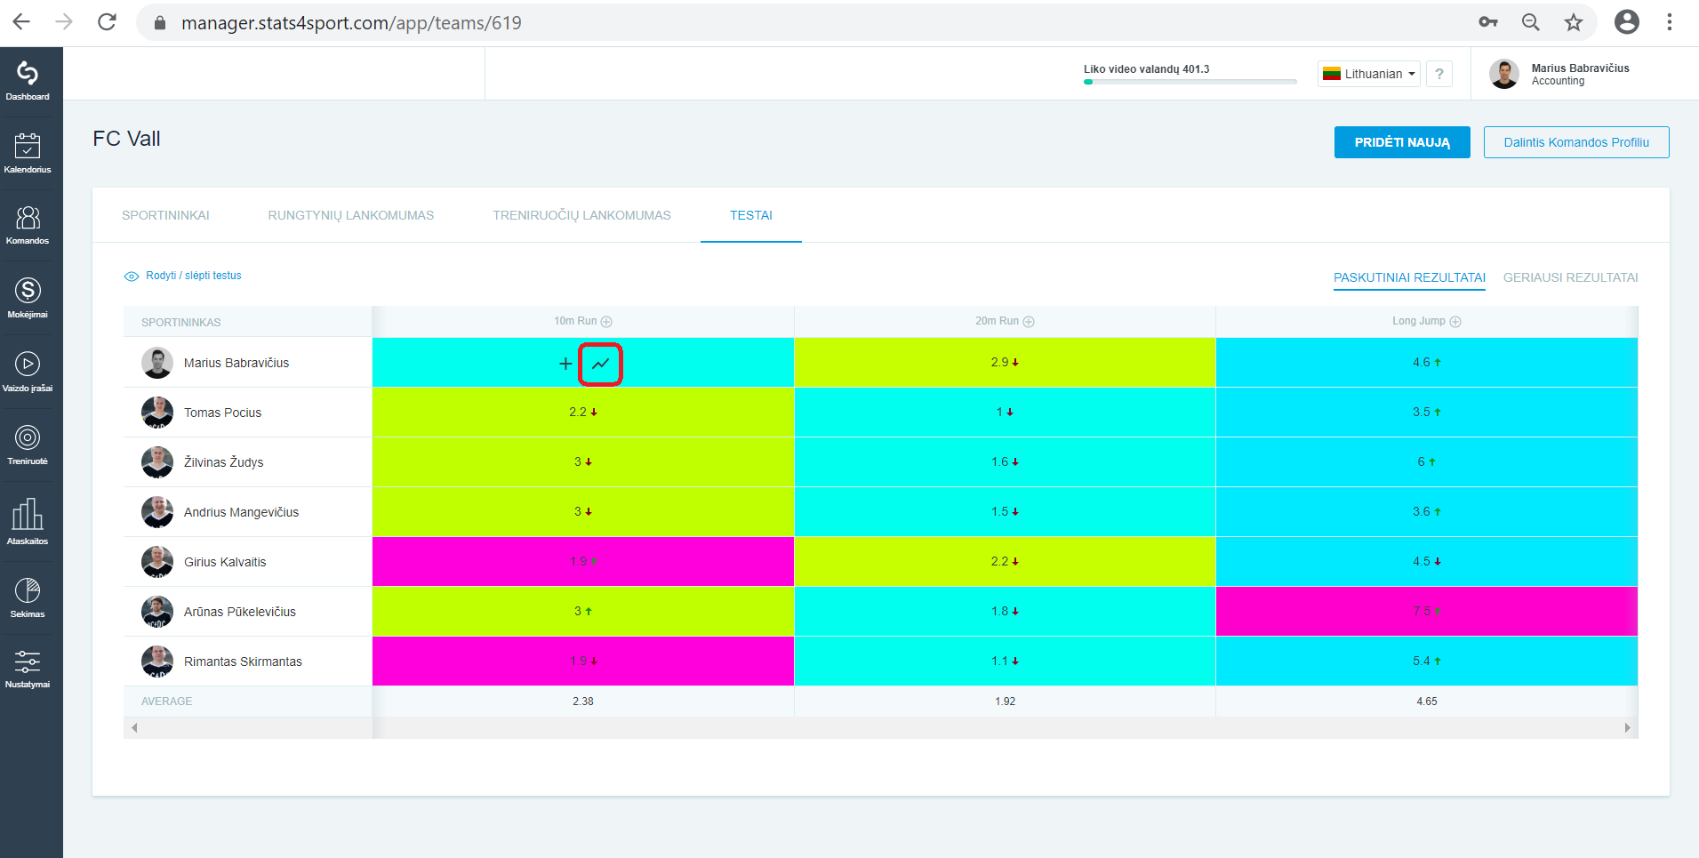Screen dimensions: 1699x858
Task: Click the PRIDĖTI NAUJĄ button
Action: [1402, 142]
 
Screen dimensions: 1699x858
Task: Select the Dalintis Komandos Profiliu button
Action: [1576, 142]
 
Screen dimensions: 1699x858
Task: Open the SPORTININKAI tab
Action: [165, 215]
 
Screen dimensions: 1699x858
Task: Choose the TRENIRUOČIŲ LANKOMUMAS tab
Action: [581, 215]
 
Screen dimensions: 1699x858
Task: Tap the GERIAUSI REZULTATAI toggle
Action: [1570, 277]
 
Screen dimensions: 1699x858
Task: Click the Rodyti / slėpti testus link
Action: [194, 276]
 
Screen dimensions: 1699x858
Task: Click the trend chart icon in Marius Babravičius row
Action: [601, 364]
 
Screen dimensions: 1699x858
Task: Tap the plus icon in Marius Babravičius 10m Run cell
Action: [565, 364]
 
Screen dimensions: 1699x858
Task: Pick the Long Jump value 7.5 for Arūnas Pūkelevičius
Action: [1422, 612]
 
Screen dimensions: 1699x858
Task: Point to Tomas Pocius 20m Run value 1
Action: [999, 413]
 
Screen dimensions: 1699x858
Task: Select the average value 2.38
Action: [583, 702]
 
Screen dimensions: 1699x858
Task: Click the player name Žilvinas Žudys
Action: [223, 462]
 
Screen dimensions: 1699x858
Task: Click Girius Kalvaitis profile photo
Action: [157, 562]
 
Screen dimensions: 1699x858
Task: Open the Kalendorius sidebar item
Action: [28, 152]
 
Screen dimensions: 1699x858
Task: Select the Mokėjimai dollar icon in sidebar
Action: [28, 291]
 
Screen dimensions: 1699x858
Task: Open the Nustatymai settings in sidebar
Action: [28, 669]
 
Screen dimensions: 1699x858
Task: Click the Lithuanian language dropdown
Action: [1369, 74]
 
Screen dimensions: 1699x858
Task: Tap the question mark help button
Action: [1439, 74]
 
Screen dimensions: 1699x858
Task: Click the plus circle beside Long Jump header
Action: [1455, 322]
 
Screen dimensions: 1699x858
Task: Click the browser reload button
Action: [107, 22]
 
